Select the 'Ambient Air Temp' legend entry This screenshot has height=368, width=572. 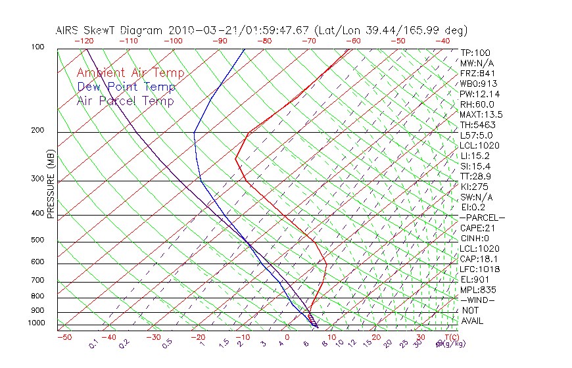[131, 73]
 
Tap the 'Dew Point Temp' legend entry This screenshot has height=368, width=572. [126, 87]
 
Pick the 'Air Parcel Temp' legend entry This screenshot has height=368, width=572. [126, 101]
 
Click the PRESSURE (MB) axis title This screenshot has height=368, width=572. [51, 184]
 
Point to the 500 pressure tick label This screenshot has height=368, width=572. [37, 240]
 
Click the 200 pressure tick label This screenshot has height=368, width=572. [37, 130]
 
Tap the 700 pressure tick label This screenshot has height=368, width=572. [37, 281]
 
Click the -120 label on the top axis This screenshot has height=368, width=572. [83, 41]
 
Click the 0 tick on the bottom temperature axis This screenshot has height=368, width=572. [287, 337]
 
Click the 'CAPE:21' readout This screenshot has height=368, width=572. [477, 228]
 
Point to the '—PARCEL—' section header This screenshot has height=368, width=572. [482, 218]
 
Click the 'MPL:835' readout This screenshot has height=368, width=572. [477, 290]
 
